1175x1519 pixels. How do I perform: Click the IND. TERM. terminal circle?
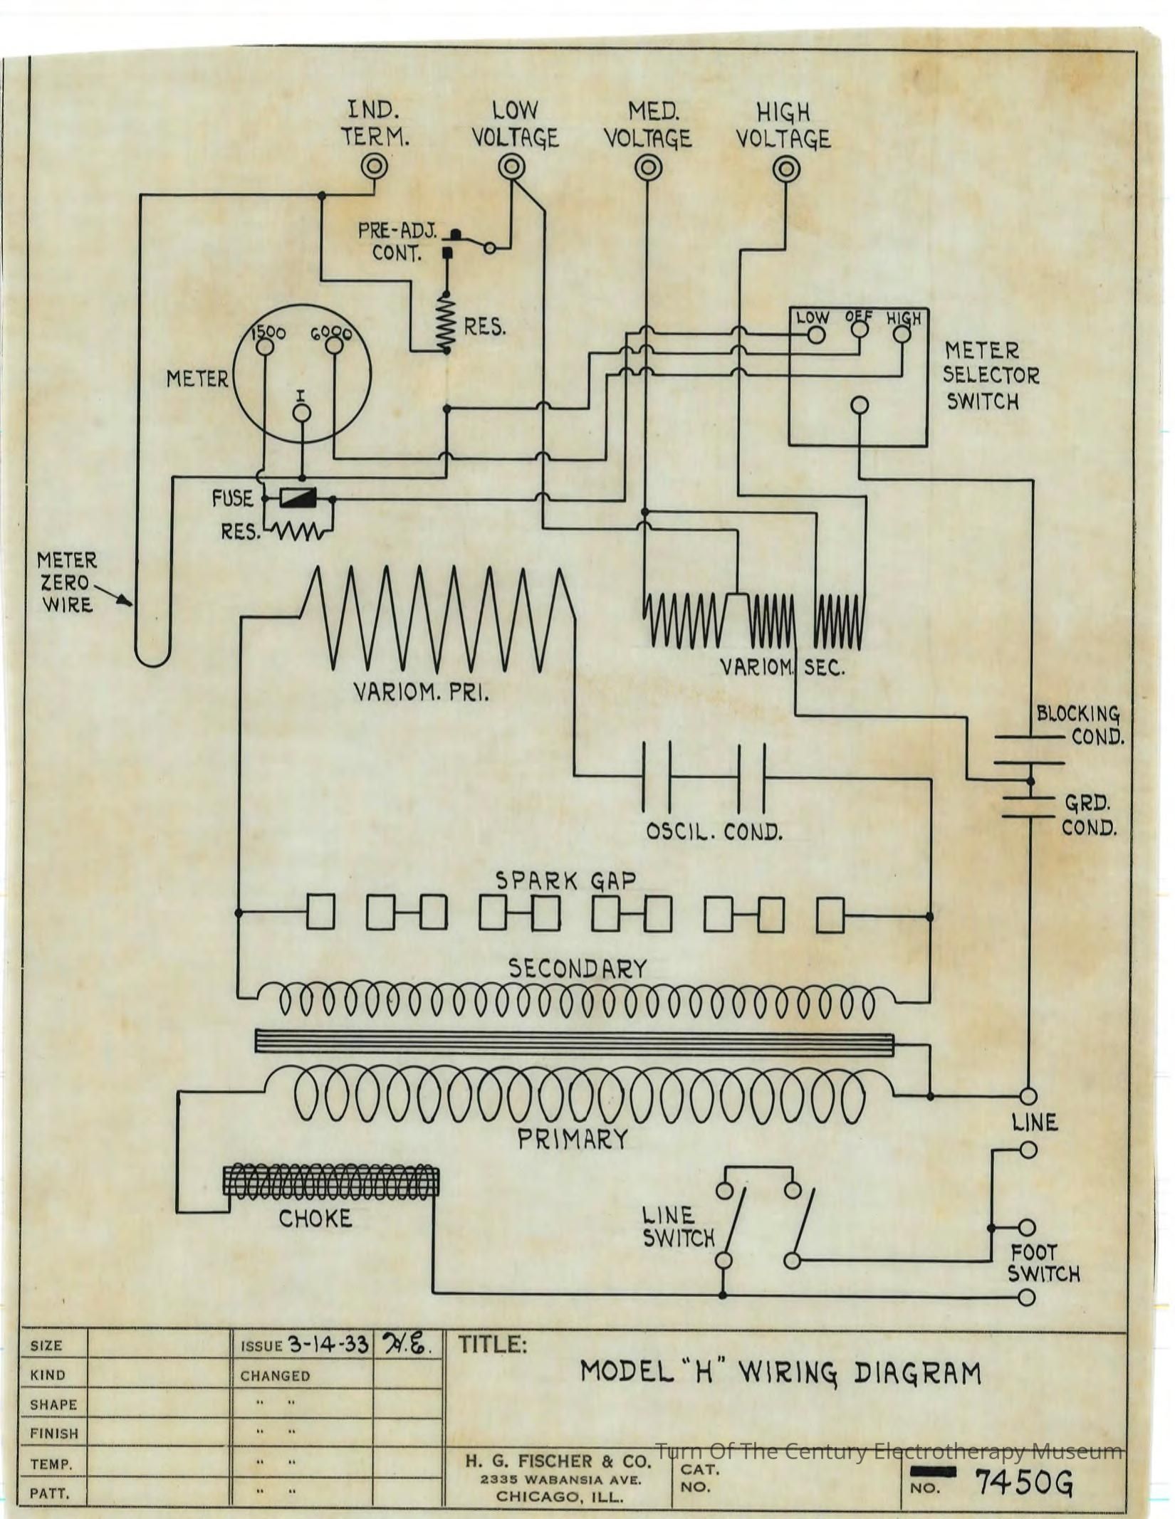click(x=374, y=167)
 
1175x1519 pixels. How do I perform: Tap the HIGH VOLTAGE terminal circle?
click(x=785, y=169)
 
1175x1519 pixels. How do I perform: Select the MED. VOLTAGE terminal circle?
click(x=648, y=168)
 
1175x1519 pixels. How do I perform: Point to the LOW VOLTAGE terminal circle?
click(x=511, y=167)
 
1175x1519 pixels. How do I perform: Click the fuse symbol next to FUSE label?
click(x=298, y=498)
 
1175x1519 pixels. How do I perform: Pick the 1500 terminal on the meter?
click(x=265, y=347)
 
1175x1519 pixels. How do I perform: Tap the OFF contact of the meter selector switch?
click(x=860, y=330)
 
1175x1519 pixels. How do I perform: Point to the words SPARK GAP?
click(x=565, y=881)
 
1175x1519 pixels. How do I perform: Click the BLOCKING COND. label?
click(x=1080, y=725)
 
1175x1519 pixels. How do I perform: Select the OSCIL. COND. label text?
click(x=714, y=831)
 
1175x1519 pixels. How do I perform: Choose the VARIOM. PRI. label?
click(x=421, y=692)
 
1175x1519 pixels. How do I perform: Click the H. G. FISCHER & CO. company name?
click(x=559, y=1461)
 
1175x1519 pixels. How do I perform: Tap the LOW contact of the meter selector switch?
click(x=816, y=335)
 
